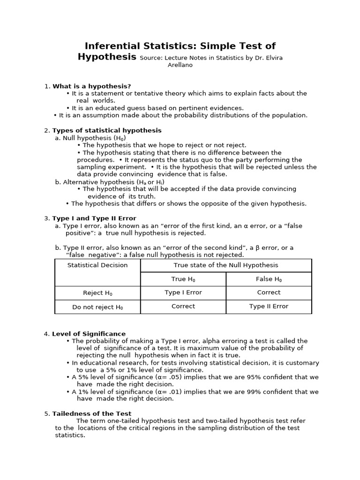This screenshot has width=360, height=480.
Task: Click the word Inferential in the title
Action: [x=112, y=46]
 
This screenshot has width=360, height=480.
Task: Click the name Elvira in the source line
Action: [x=272, y=58]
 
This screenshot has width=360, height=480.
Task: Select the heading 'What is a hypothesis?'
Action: [x=91, y=86]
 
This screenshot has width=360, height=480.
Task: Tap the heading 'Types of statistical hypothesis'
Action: [x=107, y=130]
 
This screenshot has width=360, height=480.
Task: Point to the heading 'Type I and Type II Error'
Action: [x=94, y=218]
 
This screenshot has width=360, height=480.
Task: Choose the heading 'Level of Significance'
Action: [x=89, y=334]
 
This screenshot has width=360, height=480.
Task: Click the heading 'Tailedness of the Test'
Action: [x=92, y=414]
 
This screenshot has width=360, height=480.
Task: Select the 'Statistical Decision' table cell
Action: [x=97, y=265]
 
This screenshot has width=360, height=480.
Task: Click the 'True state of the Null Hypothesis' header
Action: [x=226, y=265]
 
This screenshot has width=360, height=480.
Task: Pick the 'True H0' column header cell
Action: [x=183, y=279]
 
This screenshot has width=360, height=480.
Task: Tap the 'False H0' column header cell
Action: [x=269, y=279]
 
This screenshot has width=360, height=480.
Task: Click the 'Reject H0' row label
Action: [x=97, y=293]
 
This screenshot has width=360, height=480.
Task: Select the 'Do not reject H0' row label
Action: [x=97, y=307]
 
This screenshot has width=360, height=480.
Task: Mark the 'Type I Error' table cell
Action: [x=183, y=292]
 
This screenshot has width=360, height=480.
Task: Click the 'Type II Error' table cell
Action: [x=269, y=307]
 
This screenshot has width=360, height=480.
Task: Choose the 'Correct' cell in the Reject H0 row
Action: [x=269, y=292]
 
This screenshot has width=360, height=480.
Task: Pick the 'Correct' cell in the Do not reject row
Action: [x=183, y=307]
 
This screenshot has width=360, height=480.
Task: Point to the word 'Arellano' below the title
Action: [x=180, y=65]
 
